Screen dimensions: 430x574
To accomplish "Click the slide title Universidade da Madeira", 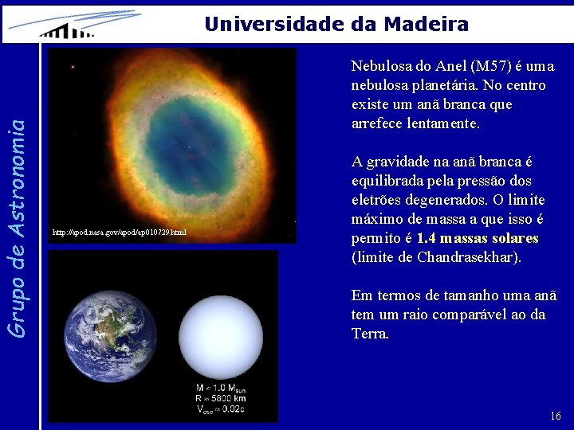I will (336, 24).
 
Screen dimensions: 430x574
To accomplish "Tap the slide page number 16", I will (555, 416).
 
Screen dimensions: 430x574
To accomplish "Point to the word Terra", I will (369, 334).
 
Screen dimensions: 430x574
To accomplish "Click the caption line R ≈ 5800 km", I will (221, 398).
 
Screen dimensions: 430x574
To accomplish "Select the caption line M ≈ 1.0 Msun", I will (221, 388).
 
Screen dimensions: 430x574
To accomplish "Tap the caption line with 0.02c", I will (221, 409).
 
